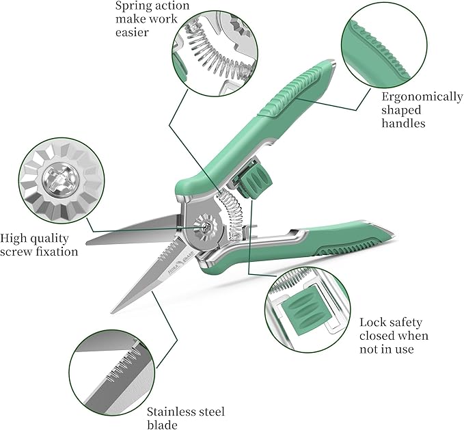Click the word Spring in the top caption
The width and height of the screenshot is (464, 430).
[x=133, y=7]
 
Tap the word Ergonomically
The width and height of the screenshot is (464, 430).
[x=422, y=96]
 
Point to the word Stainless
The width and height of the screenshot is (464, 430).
[x=173, y=412]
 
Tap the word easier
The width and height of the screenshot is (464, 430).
[x=131, y=32]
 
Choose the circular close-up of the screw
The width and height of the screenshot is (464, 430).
[x=62, y=180]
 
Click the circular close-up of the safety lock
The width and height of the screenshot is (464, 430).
[x=306, y=308]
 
